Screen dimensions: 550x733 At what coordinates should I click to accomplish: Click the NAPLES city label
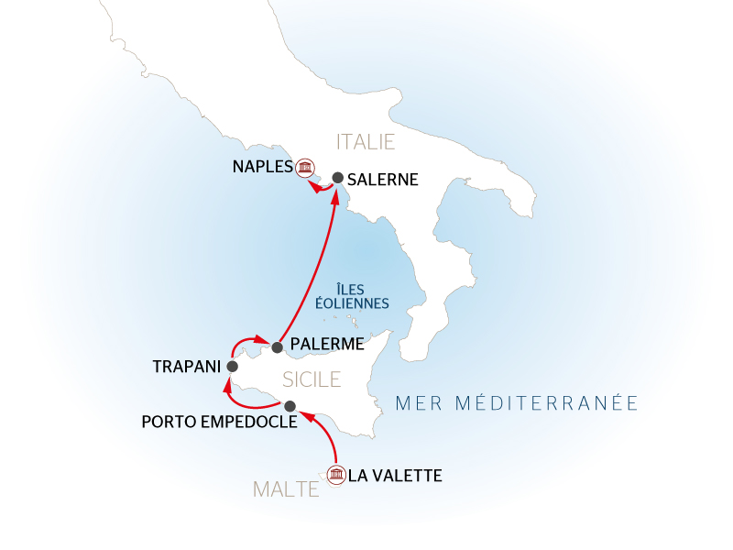(x=261, y=168)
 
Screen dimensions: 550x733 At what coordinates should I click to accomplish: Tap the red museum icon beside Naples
(x=305, y=168)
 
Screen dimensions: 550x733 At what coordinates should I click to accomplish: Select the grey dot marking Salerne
(x=337, y=178)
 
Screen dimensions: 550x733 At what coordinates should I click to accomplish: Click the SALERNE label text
(x=383, y=180)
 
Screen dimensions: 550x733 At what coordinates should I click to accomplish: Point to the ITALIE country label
(x=366, y=142)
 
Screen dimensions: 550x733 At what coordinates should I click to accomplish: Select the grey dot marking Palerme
(x=277, y=347)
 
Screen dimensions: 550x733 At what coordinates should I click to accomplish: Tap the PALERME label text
(x=326, y=346)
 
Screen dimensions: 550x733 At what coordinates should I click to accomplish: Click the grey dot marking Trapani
(x=232, y=367)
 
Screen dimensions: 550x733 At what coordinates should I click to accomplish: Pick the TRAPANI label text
(x=187, y=367)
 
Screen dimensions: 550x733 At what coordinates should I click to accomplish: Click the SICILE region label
(x=312, y=379)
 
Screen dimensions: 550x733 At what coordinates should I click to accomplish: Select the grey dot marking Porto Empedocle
(x=290, y=406)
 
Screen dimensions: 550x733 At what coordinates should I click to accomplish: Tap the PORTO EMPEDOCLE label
(x=219, y=423)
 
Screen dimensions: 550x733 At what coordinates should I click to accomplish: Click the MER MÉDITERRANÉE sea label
(x=515, y=402)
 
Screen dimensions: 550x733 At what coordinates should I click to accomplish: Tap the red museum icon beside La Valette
(x=336, y=475)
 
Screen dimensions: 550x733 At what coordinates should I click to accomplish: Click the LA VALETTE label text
(x=396, y=476)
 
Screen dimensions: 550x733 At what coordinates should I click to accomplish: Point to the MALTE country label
(x=286, y=489)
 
